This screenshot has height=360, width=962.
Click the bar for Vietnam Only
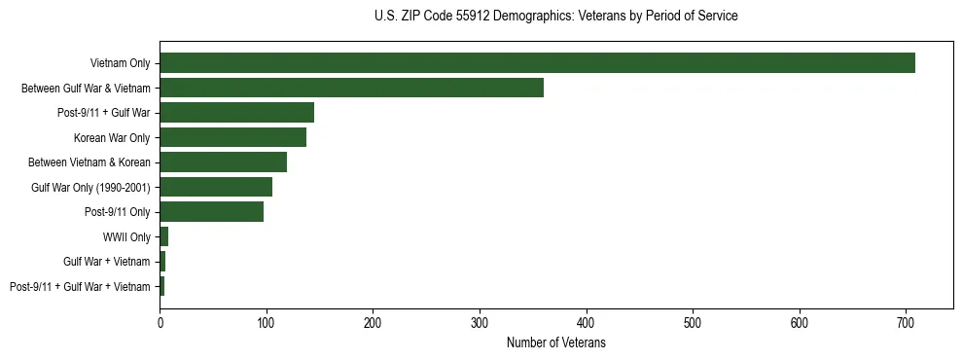click(537, 63)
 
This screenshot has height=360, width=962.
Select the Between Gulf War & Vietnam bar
click(351, 88)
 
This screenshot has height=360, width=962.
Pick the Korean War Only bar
click(232, 137)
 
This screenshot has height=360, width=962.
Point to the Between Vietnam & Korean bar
click(223, 162)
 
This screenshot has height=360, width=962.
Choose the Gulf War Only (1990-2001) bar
click(216, 187)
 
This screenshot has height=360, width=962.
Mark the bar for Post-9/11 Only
click(211, 211)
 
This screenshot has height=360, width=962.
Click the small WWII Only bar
click(164, 236)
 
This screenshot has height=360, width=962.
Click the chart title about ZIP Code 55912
click(555, 17)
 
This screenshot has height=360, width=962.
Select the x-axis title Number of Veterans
click(555, 343)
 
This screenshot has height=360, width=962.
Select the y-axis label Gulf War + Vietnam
click(107, 262)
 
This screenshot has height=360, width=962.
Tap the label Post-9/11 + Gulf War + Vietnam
click(80, 286)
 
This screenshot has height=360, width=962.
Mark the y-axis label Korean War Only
click(112, 138)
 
